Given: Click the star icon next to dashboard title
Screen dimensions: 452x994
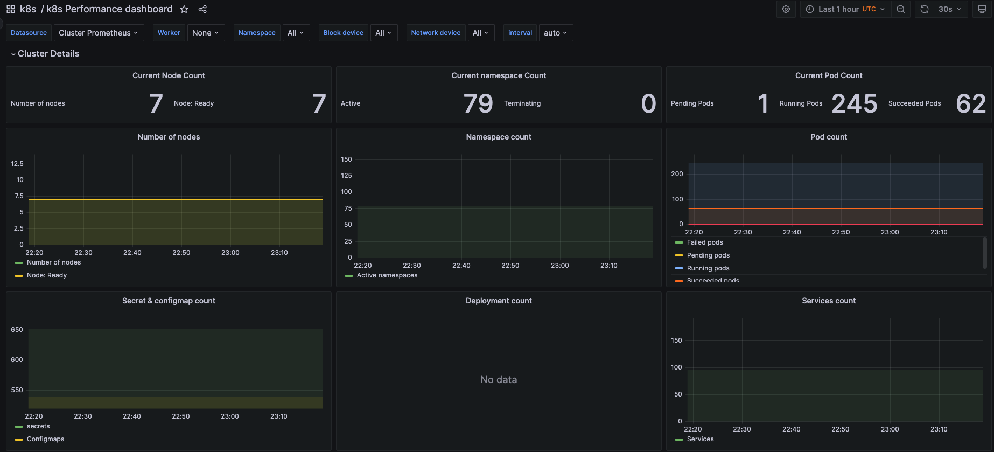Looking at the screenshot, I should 184,9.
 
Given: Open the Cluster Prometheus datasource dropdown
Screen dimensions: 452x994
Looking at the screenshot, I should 99,33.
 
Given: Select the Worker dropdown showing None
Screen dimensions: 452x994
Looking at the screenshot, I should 206,33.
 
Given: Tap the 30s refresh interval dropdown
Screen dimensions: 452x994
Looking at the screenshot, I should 949,9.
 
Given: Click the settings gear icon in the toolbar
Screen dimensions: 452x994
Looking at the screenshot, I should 786,9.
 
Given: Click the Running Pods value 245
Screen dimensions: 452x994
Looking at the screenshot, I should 854,103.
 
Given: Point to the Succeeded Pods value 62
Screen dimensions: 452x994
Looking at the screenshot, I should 970,103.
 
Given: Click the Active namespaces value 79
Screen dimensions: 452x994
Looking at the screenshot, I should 478,103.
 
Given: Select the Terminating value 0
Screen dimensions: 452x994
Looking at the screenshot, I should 648,103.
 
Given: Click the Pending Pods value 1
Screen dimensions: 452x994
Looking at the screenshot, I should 762,103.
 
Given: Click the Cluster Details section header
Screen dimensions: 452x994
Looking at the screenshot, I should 48,53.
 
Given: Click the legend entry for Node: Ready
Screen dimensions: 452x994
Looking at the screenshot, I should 47,275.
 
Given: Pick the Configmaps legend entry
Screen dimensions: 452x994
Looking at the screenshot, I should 45,439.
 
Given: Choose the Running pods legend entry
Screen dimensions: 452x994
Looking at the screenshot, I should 708,268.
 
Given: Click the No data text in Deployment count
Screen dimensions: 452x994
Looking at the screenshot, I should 499,380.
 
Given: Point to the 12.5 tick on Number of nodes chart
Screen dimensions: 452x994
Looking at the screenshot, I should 17,163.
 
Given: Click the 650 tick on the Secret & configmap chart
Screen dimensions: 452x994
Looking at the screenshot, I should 17,329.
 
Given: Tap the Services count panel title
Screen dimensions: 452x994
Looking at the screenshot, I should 828,301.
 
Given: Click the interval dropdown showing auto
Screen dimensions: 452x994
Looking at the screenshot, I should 555,33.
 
